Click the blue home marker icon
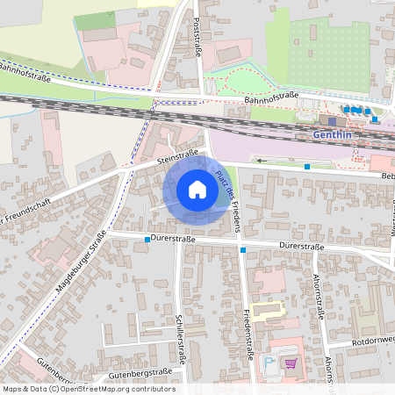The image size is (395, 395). [197, 190]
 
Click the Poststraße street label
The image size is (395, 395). [197, 39]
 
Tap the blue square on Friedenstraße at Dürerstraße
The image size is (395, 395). [242, 250]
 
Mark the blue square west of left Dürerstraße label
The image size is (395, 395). [135, 239]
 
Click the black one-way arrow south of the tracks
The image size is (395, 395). [262, 161]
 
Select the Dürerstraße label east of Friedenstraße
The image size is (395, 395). [301, 247]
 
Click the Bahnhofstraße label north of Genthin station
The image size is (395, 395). [272, 99]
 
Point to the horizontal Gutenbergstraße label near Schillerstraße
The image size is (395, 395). [141, 373]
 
